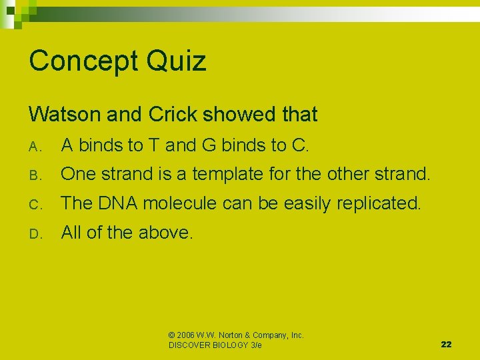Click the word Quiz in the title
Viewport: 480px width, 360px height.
pyautogui.click(x=178, y=61)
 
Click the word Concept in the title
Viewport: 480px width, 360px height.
pyautogui.click(x=84, y=61)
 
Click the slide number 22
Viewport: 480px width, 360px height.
pyautogui.click(x=446, y=344)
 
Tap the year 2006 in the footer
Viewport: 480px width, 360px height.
pyautogui.click(x=187, y=335)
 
